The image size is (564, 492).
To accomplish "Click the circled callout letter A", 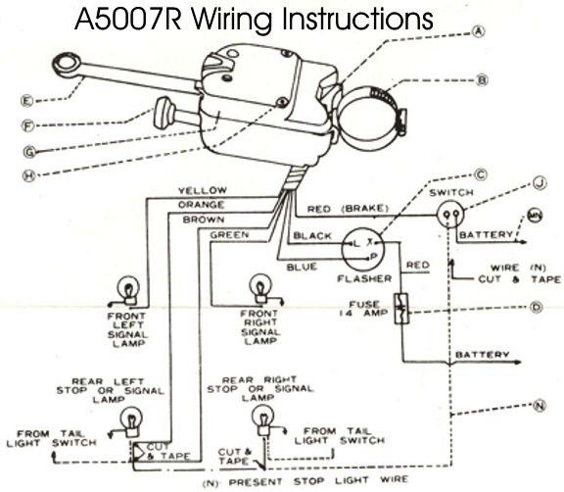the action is [479, 31].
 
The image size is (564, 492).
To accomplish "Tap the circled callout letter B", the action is [483, 79].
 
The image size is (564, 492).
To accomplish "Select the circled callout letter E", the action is [26, 100].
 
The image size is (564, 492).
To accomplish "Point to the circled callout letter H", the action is [29, 176].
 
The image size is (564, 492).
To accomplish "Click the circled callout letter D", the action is [537, 307].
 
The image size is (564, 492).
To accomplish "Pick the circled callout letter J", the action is [540, 183].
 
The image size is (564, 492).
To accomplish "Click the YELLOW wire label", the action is [203, 190].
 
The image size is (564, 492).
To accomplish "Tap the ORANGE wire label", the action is [201, 205].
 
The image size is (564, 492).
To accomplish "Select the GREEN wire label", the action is [229, 235].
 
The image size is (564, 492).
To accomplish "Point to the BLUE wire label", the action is [302, 267].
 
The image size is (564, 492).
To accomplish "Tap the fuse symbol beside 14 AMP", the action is [401, 309].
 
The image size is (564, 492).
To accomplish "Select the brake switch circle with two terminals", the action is [450, 215].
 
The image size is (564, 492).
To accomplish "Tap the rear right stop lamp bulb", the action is [263, 418].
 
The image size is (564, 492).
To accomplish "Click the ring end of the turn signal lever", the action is [68, 64].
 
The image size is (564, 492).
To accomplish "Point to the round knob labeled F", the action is [163, 113].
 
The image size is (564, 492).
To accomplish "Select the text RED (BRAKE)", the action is [348, 209].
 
